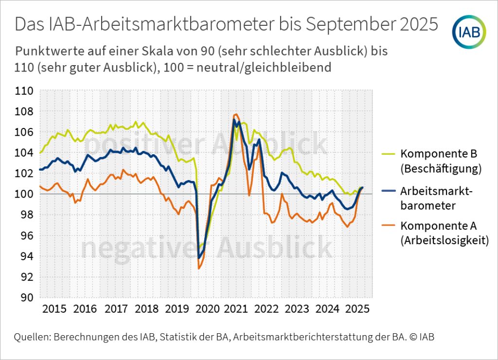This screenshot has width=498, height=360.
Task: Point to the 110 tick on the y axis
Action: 24,91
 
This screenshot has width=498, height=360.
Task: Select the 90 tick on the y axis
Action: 27,298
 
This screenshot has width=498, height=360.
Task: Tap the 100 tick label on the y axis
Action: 24,194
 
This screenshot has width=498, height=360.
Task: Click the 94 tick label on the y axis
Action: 27,256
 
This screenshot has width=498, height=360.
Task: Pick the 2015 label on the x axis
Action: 54,309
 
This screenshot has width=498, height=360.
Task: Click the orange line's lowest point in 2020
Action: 199,269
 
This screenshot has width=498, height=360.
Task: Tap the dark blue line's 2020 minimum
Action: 199,257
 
